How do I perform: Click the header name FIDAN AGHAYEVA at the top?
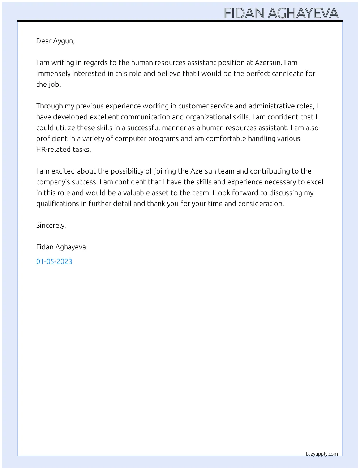281,13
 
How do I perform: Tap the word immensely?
53,73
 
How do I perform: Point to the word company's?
52,182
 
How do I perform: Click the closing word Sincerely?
51,225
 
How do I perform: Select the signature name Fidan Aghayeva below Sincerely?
61,247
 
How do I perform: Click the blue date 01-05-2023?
54,261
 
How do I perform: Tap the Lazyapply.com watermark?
321,454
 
